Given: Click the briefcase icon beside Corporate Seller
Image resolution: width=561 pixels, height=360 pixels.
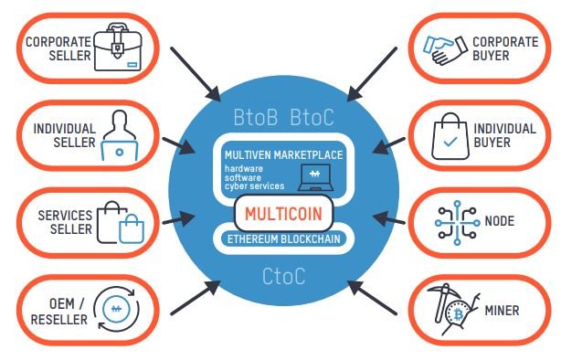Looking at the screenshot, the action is (x=118, y=47).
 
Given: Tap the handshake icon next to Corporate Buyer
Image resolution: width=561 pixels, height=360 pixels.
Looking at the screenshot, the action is (x=445, y=49).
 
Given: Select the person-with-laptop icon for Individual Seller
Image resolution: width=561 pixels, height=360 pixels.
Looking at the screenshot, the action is (x=120, y=135).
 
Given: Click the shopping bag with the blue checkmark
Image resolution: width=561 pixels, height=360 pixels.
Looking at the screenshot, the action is (x=450, y=136).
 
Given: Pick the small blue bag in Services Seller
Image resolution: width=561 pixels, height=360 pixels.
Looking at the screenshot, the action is (x=132, y=229).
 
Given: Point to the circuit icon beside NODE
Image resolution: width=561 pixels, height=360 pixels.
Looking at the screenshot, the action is (x=457, y=223).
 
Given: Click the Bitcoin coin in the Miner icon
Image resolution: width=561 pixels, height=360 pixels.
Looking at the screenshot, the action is (x=459, y=314).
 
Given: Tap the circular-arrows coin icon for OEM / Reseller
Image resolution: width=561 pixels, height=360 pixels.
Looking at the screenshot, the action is (x=117, y=309).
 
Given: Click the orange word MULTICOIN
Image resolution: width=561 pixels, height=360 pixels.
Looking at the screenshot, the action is (x=284, y=214).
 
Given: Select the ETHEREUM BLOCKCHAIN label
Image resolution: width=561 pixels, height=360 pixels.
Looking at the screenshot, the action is (x=284, y=238).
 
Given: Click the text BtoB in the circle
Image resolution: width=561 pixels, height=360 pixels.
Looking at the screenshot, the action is (x=256, y=117).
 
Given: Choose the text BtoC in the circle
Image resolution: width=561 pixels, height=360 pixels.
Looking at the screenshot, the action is (x=312, y=117).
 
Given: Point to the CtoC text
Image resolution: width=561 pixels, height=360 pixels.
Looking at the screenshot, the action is (x=284, y=276).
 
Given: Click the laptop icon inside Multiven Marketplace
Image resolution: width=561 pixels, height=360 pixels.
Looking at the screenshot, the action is (x=315, y=177).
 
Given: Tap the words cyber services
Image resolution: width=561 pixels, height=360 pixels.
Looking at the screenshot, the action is (x=254, y=186).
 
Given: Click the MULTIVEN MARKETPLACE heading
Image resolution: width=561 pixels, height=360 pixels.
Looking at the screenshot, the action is (x=284, y=155).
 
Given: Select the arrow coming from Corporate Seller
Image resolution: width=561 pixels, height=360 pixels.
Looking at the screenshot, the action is (x=196, y=74).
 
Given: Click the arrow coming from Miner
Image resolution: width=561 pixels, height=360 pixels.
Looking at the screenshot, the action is (x=372, y=298).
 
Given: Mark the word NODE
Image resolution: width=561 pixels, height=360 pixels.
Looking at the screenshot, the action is (x=500, y=221).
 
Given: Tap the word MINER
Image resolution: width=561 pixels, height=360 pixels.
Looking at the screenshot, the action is (x=502, y=311).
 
